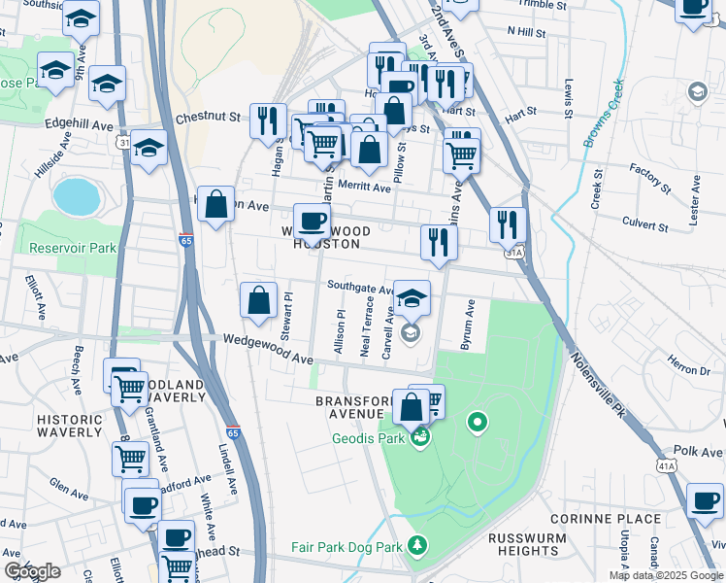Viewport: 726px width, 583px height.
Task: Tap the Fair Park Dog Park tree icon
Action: point(417,545)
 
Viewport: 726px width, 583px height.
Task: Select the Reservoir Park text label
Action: point(73,248)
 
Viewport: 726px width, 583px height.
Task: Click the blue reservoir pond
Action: point(77,196)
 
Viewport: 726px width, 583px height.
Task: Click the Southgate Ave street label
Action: point(359,288)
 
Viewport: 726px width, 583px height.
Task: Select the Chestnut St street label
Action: point(207,118)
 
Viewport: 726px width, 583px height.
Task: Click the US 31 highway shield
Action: point(124,142)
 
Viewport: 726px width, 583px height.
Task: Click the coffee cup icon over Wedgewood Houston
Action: point(312,222)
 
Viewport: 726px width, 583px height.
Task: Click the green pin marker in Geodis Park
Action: point(477,422)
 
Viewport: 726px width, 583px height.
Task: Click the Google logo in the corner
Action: point(33,571)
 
